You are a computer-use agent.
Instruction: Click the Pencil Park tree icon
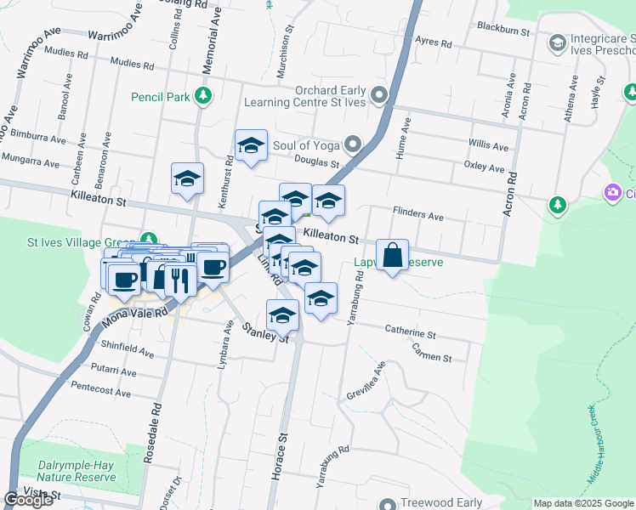click(202, 95)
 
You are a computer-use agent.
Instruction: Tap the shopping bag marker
click(392, 255)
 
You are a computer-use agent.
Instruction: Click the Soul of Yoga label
click(305, 145)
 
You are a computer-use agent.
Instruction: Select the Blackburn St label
click(503, 31)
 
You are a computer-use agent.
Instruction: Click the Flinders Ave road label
click(418, 217)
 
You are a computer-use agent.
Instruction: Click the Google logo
click(28, 500)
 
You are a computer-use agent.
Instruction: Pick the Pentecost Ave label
click(101, 393)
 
